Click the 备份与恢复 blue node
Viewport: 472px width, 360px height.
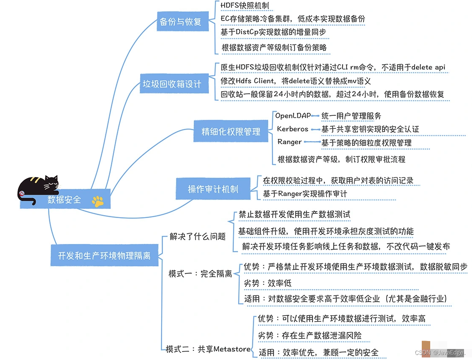pyautogui.click(x=183, y=22)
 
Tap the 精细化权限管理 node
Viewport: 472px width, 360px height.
pyautogui.click(x=231, y=131)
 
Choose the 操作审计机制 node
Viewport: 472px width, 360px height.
pyautogui.click(x=213, y=189)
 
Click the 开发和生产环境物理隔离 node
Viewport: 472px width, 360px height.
pyautogui.click(x=104, y=255)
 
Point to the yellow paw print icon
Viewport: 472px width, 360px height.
pyautogui.click(x=98, y=202)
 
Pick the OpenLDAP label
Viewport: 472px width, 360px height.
pyautogui.click(x=293, y=115)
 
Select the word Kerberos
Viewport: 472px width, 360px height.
pyautogui.click(x=293, y=129)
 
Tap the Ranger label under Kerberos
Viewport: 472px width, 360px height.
pyautogui.click(x=290, y=142)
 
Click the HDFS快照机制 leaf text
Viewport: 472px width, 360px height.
pyautogui.click(x=244, y=6)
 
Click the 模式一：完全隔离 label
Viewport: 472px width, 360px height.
pyautogui.click(x=200, y=274)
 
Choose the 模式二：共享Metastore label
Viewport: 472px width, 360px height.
pyautogui.click(x=208, y=349)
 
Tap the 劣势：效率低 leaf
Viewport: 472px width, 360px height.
pyautogui.click(x=268, y=283)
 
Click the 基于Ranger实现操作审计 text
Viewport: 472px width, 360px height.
pyautogui.click(x=305, y=194)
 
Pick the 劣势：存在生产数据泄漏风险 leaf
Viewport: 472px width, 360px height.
pyautogui.click(x=310, y=335)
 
